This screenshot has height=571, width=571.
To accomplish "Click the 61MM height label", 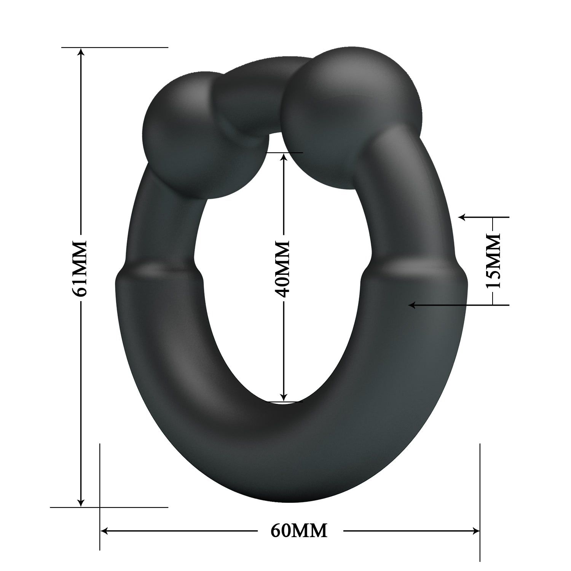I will tap(81, 268).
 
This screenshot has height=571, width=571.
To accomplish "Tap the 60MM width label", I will tap(299, 531).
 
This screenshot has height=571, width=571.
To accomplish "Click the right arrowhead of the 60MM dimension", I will tap(476, 531).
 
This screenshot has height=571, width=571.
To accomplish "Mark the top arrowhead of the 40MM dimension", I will tap(283, 157).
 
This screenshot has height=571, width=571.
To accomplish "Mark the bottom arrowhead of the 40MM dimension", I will tap(283, 397).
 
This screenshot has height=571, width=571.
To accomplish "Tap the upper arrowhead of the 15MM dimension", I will tap(462, 217).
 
